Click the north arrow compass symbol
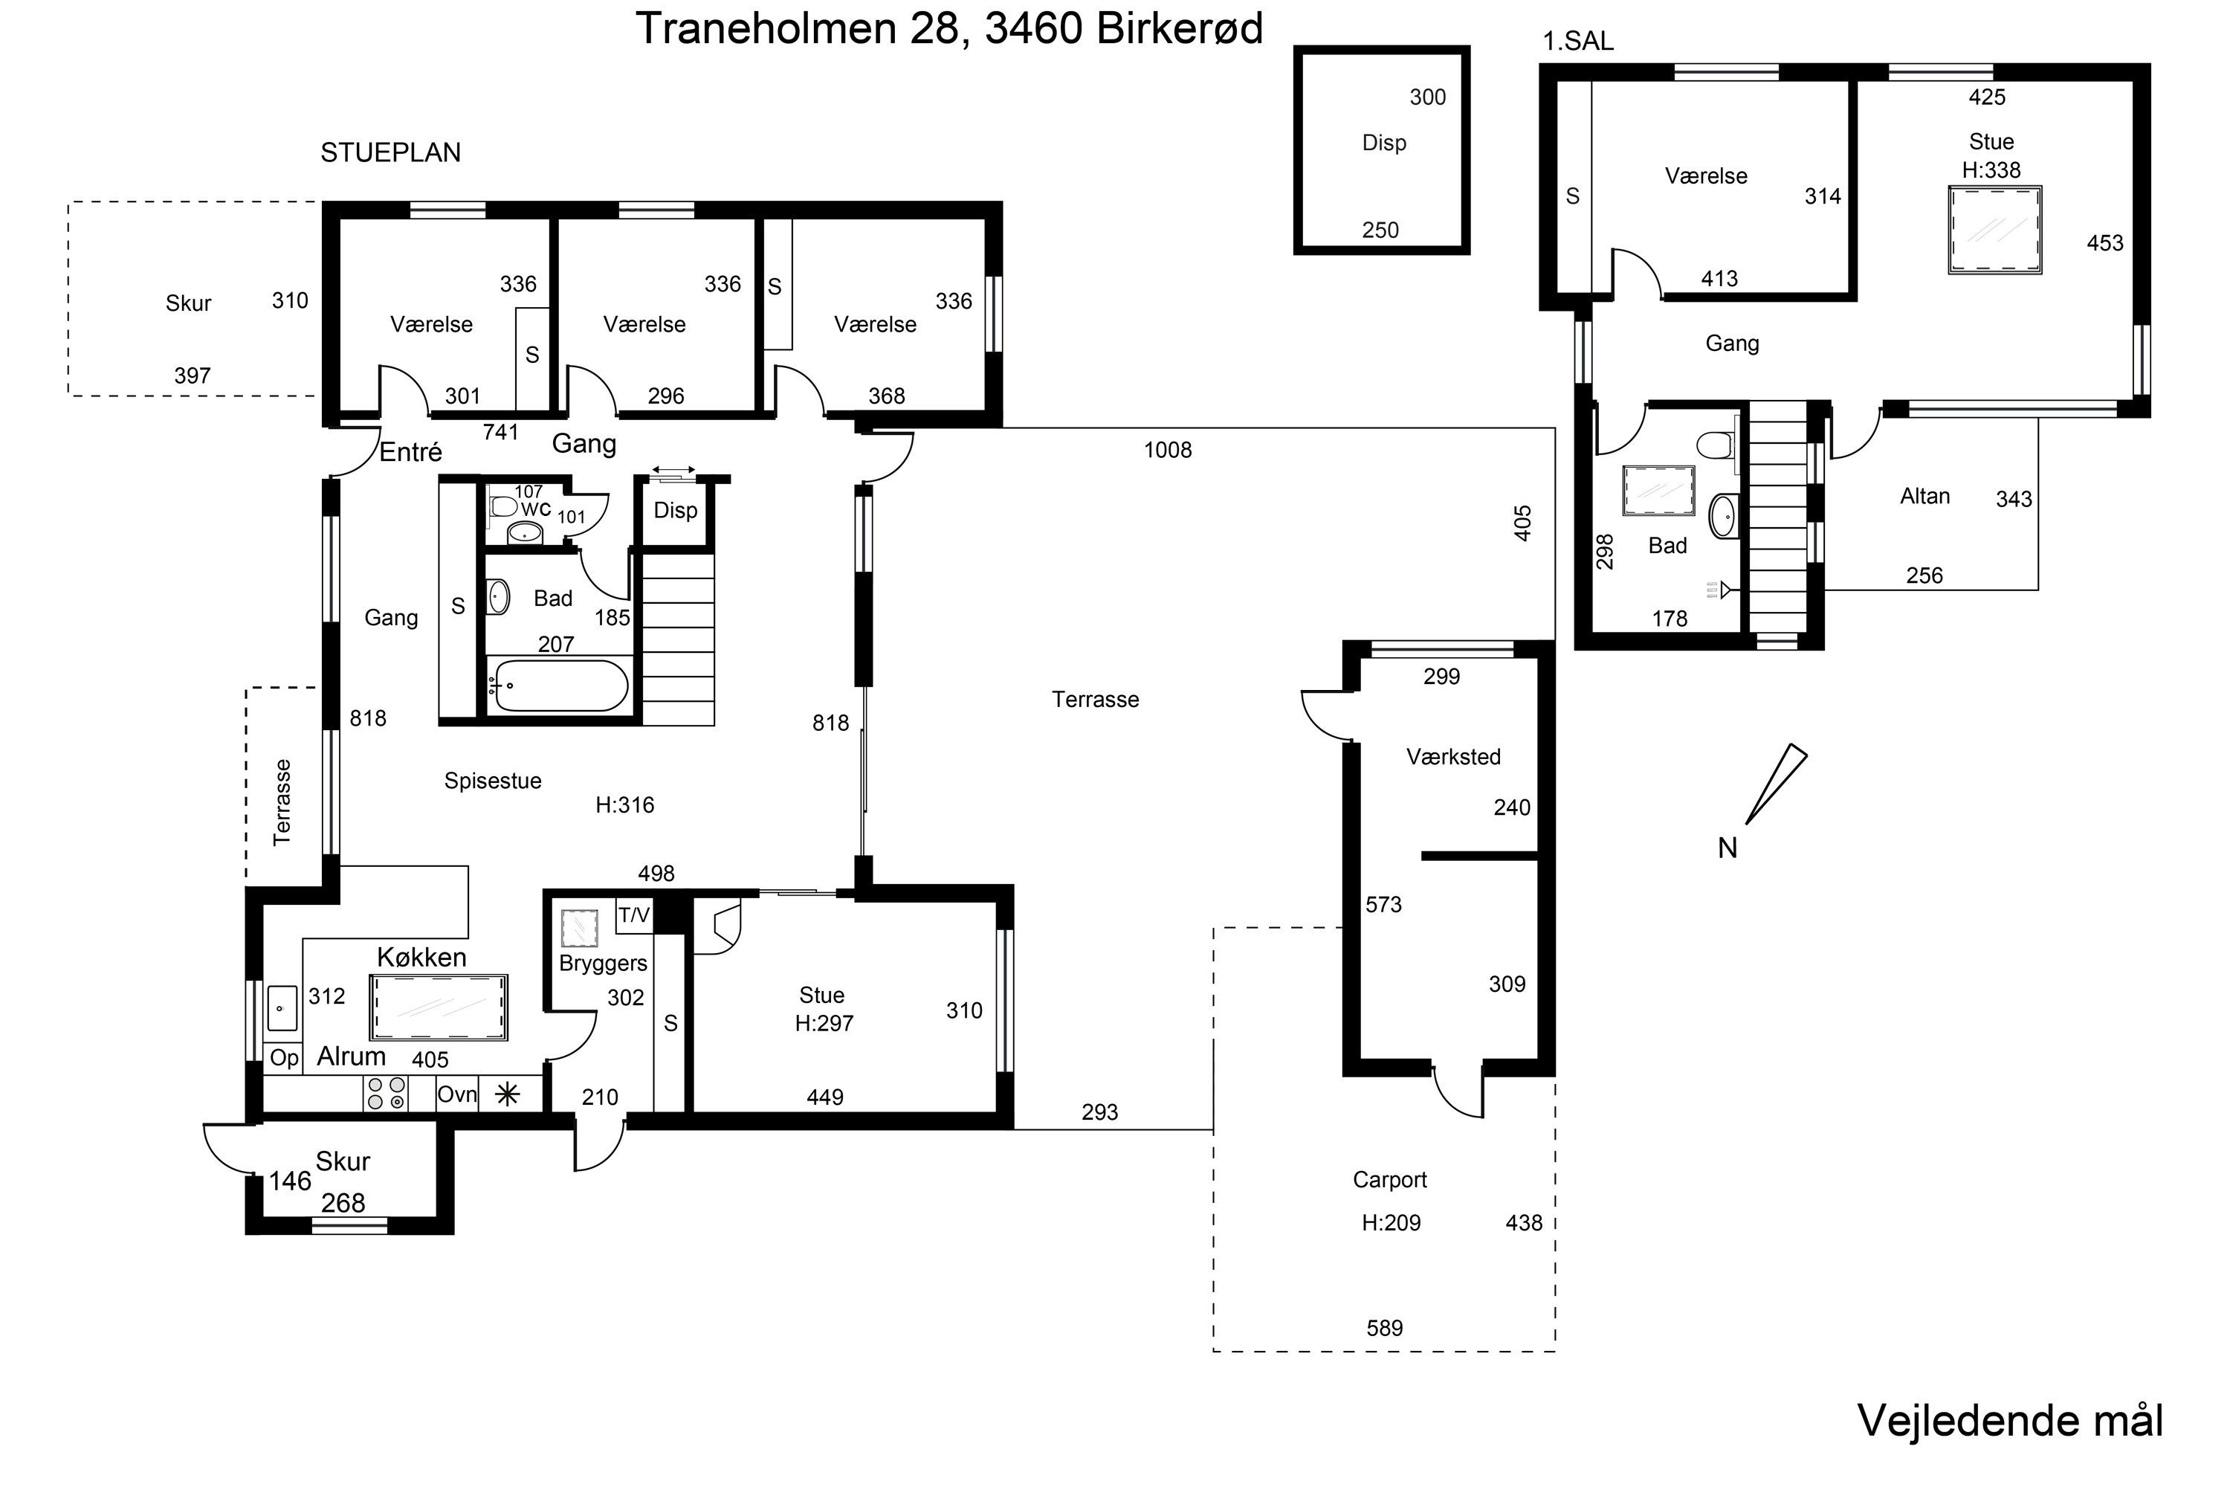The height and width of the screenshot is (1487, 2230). point(1775,785)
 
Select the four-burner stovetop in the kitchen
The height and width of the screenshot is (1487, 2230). point(386,1094)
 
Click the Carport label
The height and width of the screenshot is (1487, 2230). point(1389,1180)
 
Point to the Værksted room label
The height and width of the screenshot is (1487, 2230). point(1452,757)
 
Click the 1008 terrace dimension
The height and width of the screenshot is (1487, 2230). point(1167,451)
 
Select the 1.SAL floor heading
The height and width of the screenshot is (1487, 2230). point(1577,42)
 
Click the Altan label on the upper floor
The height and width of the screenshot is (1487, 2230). point(1924,496)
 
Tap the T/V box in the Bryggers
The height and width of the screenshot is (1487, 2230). point(633,915)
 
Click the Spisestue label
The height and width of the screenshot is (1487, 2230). point(492,781)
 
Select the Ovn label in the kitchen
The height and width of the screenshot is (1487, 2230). point(456,1094)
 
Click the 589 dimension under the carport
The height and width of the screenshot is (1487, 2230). point(1383,1328)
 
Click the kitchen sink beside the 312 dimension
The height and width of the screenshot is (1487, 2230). point(282,1008)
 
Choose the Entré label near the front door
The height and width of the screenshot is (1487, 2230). point(410,452)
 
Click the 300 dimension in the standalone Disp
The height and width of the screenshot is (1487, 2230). point(1427,97)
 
